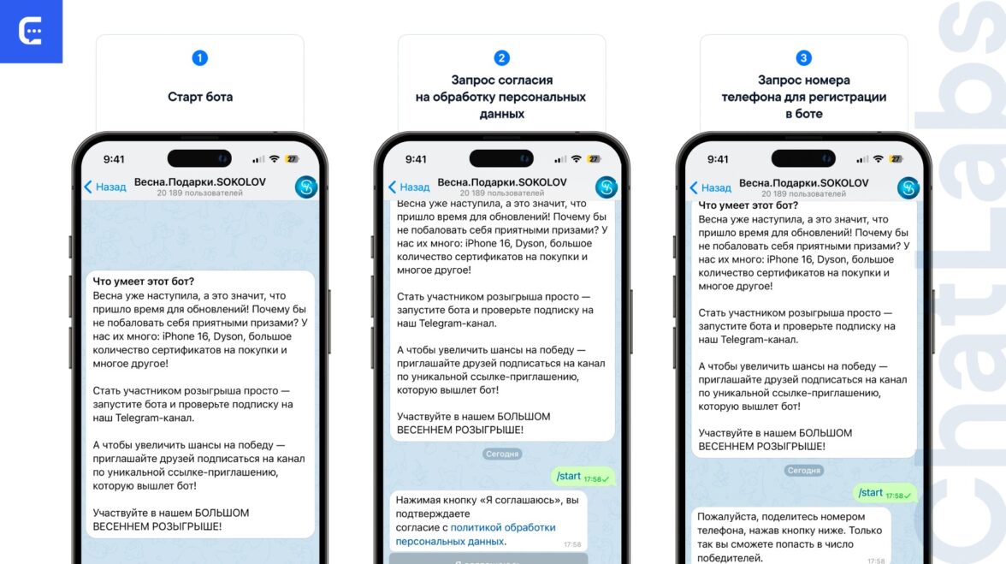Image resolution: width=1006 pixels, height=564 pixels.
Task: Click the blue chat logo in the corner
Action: click(31, 31)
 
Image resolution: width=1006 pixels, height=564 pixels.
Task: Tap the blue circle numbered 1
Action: click(199, 57)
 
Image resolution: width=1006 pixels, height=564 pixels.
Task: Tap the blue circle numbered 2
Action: click(501, 57)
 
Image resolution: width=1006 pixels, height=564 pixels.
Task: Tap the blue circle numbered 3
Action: click(803, 57)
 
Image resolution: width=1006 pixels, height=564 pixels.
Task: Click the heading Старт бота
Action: click(200, 97)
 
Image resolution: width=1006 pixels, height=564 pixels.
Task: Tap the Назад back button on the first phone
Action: click(105, 187)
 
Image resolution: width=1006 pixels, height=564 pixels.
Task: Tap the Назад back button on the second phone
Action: click(409, 187)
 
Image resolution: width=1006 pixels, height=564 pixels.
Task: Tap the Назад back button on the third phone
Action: click(710, 187)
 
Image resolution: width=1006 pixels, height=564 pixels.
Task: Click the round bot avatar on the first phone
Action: click(306, 187)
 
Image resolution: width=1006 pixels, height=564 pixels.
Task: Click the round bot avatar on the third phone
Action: click(908, 188)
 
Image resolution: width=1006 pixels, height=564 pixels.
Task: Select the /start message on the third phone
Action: click(885, 493)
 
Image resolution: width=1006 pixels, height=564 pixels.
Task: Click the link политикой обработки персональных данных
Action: click(476, 535)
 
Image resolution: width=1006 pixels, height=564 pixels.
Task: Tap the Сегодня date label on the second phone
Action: click(501, 454)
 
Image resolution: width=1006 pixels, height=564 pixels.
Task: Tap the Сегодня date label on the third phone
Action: click(803, 471)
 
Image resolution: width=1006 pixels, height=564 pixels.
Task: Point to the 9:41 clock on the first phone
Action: click(115, 159)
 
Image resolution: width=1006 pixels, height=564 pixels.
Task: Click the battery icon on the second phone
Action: click(595, 159)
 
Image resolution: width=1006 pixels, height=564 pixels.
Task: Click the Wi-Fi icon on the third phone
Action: click(879, 159)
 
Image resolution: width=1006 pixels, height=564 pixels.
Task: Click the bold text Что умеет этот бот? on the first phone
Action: click(143, 281)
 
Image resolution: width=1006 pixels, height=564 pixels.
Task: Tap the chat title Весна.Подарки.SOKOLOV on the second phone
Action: click(502, 182)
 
